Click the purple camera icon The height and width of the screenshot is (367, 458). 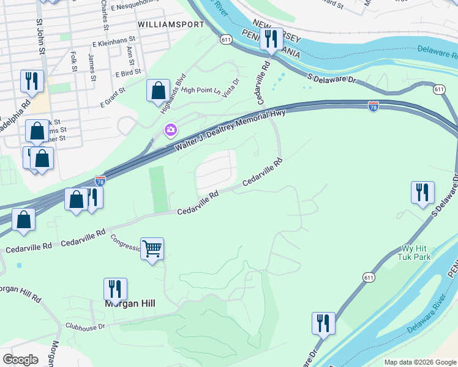point(170,130)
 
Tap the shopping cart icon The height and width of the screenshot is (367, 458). point(152,248)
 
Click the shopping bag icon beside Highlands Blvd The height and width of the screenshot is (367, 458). point(158,91)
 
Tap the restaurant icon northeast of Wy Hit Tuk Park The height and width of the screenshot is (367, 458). point(422,192)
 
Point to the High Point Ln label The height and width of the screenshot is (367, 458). point(201,90)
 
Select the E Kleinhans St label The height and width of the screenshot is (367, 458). point(113,44)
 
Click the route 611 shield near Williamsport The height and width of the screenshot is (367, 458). point(227,40)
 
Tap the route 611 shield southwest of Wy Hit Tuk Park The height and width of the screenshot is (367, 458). point(367,277)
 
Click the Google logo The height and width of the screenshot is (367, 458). point(20,360)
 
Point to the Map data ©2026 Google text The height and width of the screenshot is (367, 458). point(419,362)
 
